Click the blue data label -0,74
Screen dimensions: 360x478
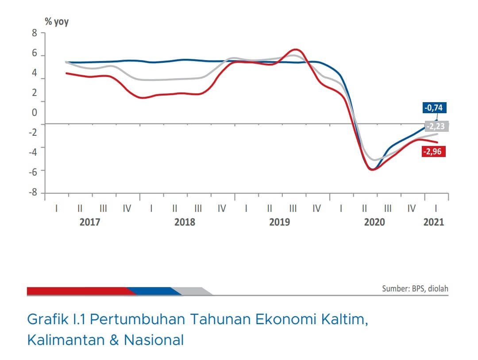click(x=434, y=107)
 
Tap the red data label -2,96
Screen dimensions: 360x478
click(x=434, y=152)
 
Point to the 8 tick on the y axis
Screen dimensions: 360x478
click(x=34, y=33)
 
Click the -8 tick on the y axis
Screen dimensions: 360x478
click(x=32, y=193)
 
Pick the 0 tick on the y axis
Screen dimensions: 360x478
click(x=34, y=113)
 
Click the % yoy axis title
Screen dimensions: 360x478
click(x=56, y=22)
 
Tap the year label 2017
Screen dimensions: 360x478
click(x=90, y=222)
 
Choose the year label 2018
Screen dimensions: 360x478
click(x=185, y=222)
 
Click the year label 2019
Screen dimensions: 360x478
click(x=280, y=222)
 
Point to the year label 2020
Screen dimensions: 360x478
click(x=374, y=222)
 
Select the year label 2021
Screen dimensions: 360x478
click(x=434, y=222)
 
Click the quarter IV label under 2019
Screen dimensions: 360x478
click(x=316, y=208)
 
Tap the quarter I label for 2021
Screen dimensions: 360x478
click(x=436, y=208)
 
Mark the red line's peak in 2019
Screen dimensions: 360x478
click(x=296, y=50)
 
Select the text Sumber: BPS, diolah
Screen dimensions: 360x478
click(x=415, y=289)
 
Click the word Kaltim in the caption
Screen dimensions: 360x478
click(x=343, y=319)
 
